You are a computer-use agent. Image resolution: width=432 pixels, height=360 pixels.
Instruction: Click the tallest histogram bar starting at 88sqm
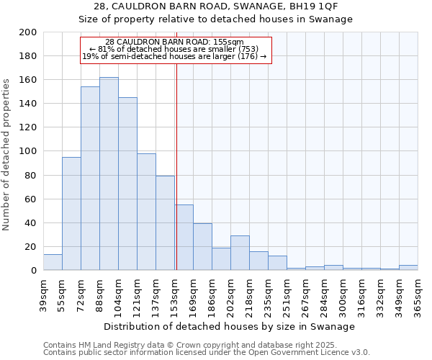[x=109, y=174]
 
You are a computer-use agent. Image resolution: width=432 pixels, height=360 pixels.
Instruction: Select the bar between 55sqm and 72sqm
[x=71, y=214]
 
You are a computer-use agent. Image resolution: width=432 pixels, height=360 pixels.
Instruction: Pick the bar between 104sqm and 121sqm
[x=127, y=184]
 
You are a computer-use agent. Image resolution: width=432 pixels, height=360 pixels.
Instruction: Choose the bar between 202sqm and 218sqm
[x=240, y=253]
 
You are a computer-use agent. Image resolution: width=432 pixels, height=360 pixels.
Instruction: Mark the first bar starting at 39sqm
[x=53, y=262]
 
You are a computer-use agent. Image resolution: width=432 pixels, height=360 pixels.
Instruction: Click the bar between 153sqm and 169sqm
[x=184, y=238]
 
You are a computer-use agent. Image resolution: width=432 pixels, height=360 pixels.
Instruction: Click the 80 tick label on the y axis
[x=30, y=175]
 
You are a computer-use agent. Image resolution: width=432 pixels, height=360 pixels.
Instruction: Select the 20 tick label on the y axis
[x=30, y=246]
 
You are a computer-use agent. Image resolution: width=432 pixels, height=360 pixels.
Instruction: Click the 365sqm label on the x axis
[x=418, y=293]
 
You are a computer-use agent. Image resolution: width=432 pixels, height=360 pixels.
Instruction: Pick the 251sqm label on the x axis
[x=287, y=293]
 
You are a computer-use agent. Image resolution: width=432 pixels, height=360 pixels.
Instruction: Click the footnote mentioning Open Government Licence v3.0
[x=207, y=352]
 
